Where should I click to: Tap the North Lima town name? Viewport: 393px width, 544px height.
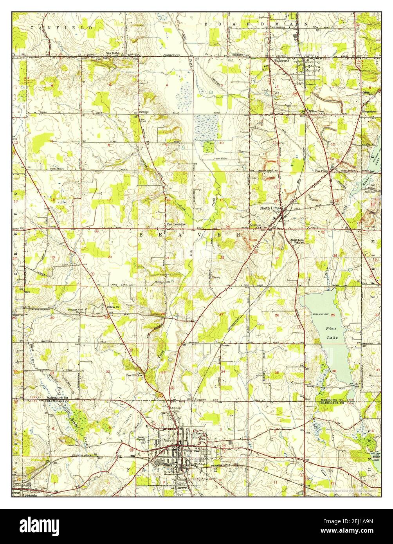(x=270, y=209)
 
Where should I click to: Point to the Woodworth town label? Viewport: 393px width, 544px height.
(x=282, y=61)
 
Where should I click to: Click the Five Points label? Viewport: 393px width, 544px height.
(x=322, y=171)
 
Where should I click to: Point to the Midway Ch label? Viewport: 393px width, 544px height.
(x=113, y=307)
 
